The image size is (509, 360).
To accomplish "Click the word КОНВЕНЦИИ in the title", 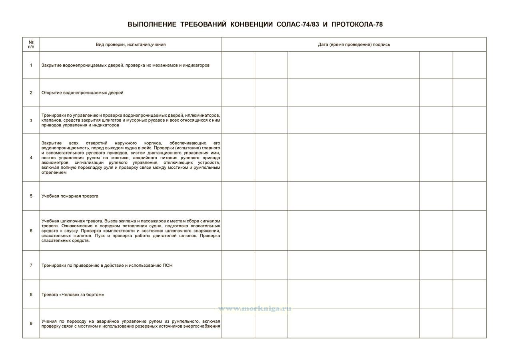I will [x=252, y=24].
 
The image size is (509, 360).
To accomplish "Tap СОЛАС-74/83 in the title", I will [x=297, y=24].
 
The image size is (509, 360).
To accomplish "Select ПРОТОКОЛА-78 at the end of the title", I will [x=357, y=24].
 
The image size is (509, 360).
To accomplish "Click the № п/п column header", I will [x=31, y=44].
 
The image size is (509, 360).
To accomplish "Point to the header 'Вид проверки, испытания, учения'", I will [x=130, y=44].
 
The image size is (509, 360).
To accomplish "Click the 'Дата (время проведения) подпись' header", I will [x=354, y=44].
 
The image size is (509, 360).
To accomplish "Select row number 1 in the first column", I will [x=31, y=65].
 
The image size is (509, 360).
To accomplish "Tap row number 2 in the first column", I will [x=31, y=92].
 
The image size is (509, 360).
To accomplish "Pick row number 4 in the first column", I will [x=31, y=158].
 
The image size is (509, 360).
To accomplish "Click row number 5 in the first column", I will [x=31, y=196].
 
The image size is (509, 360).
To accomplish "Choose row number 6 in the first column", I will [x=31, y=230].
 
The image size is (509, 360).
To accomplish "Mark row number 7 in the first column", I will [x=31, y=265].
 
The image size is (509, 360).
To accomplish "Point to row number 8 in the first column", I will [x=31, y=294].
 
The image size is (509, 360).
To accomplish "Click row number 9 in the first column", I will [x=31, y=324].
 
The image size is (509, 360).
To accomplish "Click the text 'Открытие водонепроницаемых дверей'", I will [x=82, y=92].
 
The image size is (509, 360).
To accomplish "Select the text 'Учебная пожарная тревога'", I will [x=70, y=196].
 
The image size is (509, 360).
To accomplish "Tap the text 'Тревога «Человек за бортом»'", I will [x=73, y=294].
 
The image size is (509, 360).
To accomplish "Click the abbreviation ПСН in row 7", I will [x=168, y=265].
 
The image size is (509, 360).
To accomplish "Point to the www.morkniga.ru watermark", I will [x=254, y=309].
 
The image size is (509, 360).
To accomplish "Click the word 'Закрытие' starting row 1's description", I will [x=51, y=65].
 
